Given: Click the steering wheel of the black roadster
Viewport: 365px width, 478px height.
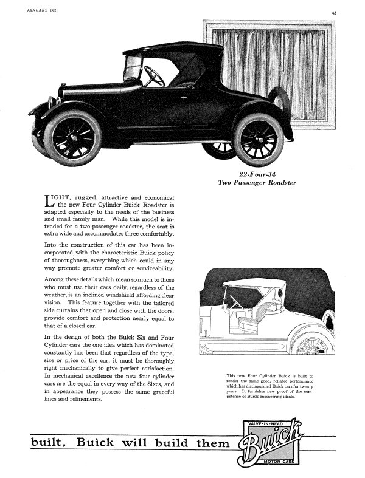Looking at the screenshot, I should point(154,77).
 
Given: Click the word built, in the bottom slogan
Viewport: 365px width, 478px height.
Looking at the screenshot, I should point(50,443).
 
